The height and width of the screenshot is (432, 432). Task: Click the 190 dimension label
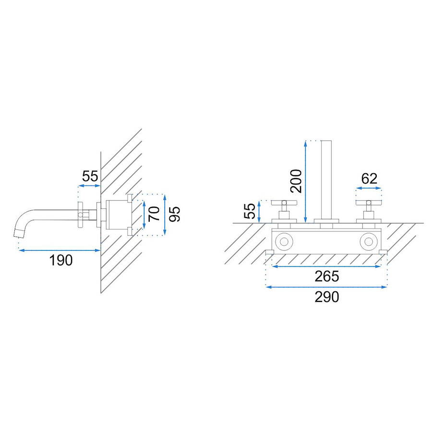pos(61,260)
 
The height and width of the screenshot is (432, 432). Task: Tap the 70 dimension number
pos(154,214)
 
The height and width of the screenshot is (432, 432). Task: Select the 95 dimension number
pos(175,214)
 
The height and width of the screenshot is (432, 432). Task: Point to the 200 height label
pos(296,181)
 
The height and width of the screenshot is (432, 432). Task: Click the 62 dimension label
pos(369,179)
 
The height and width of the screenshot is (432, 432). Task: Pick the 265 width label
pos(327,276)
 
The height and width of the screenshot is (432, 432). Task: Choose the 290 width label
pos(327,297)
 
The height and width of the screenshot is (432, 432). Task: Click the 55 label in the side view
pos(90,176)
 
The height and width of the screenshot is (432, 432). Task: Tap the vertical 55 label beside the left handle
pos(250,211)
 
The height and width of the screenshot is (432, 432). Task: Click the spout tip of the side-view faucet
pos(18,233)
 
